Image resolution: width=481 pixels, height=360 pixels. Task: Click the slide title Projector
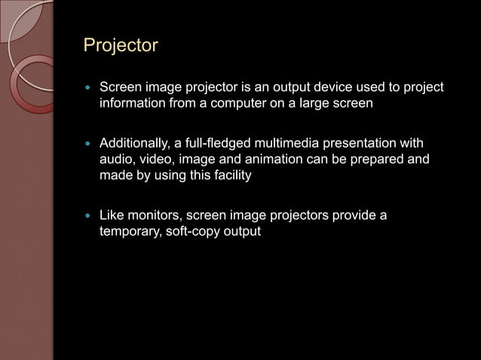[x=121, y=46]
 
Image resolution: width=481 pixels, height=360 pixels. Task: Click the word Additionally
[x=133, y=144]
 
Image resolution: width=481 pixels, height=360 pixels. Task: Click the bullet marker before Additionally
[x=89, y=144]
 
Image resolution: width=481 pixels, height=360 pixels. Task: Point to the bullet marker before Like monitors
[x=89, y=216]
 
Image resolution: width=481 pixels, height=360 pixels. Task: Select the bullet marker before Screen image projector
[x=89, y=89]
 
